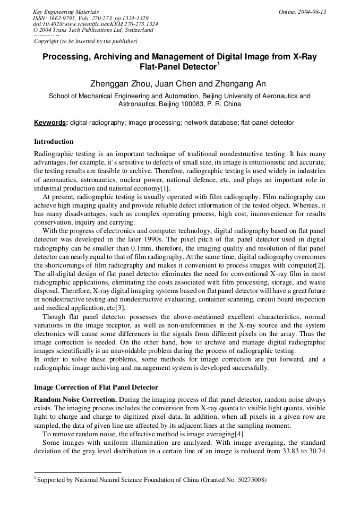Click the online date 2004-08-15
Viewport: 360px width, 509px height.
click(x=310, y=12)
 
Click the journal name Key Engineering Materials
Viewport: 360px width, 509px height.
click(x=65, y=12)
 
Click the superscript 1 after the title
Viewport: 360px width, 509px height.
click(x=218, y=64)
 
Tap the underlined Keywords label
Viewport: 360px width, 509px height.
click(x=50, y=123)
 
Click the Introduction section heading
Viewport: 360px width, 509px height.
click(x=54, y=142)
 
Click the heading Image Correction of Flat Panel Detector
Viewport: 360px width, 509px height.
click(x=96, y=387)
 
